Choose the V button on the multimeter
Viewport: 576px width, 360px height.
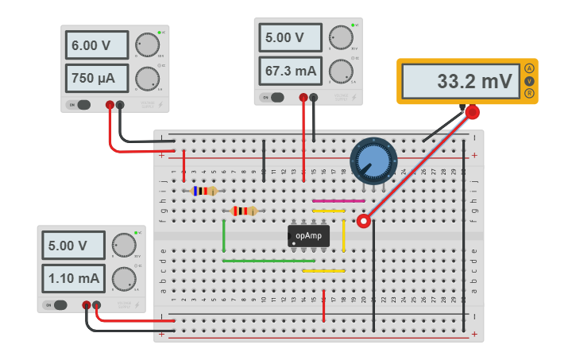tap(529, 81)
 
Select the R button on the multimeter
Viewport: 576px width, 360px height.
tap(529, 94)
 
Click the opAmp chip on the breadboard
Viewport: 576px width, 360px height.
tap(308, 236)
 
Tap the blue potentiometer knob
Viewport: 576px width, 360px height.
tap(373, 161)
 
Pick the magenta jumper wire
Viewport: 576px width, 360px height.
tap(327, 201)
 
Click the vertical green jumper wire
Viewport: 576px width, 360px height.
tap(224, 236)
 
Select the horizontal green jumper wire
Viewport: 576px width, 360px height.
tap(269, 261)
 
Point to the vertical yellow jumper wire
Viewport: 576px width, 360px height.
tap(343, 236)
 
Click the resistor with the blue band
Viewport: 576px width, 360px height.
tap(204, 191)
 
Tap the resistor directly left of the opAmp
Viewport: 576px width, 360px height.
tap(244, 211)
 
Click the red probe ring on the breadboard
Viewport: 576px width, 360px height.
tap(364, 221)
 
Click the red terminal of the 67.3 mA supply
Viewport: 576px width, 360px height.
tap(303, 98)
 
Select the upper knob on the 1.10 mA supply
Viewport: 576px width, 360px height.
tap(123, 245)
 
